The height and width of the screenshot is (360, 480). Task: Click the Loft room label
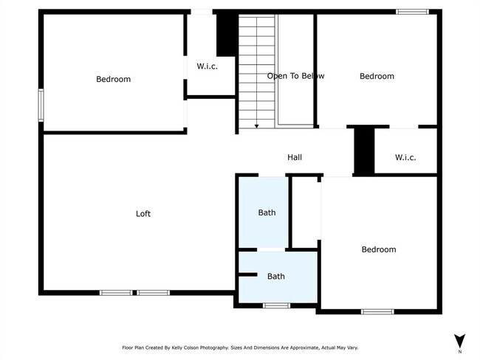click(143, 214)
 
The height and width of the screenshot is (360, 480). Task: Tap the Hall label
click(295, 157)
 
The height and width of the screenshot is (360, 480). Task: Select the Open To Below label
click(295, 76)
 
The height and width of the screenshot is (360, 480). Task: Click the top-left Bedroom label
click(113, 80)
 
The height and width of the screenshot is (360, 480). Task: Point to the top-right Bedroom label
click(377, 76)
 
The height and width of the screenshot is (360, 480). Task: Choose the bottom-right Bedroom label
click(378, 249)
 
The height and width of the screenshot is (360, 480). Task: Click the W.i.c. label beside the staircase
click(207, 66)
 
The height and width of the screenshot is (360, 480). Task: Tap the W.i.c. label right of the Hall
click(405, 157)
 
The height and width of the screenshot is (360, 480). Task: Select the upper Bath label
click(267, 213)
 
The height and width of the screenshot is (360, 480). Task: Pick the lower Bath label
click(275, 277)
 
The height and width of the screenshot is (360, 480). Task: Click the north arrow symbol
click(459, 340)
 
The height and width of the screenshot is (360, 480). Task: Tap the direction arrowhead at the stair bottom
click(256, 126)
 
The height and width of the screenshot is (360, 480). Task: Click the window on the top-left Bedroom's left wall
click(41, 105)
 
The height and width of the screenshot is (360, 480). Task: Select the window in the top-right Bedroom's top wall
click(412, 11)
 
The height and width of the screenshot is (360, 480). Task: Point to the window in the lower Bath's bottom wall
click(276, 305)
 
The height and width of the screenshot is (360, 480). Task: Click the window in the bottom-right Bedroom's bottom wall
click(378, 312)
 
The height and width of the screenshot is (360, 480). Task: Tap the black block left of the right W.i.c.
click(363, 150)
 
